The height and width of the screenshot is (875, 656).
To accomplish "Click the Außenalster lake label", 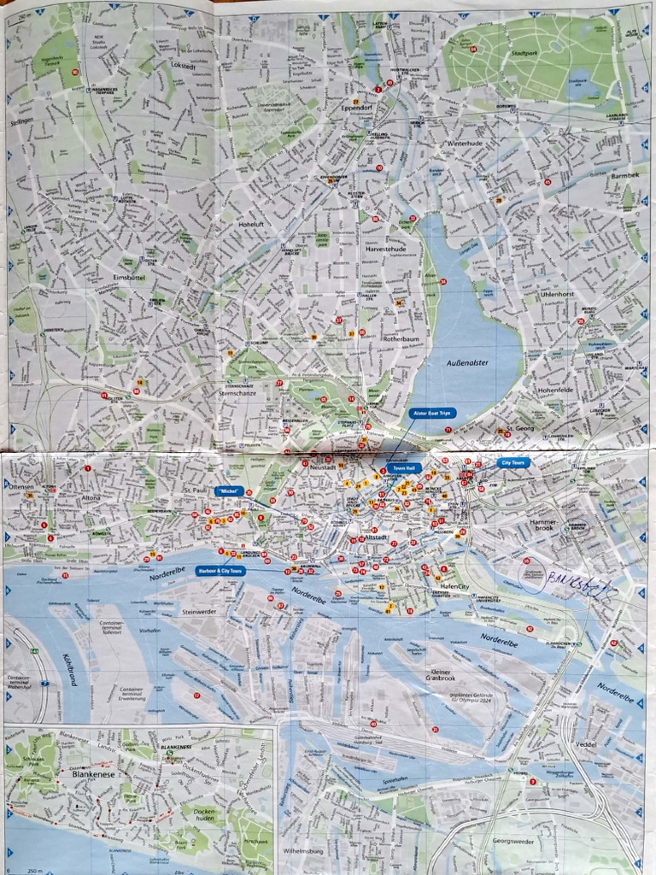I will coord(467,362).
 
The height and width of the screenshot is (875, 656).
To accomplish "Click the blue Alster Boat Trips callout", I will coord(433,413).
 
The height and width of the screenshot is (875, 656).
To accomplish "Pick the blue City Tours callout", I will coord(513,462).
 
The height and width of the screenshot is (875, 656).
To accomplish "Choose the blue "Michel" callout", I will coord(230,491).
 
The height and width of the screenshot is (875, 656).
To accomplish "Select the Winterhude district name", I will coord(466,144).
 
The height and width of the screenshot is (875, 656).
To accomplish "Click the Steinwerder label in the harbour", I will coord(202,612).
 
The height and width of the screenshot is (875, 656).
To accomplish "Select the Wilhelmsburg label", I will coord(308,851).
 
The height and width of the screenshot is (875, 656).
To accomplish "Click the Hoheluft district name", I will coord(255,225).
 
